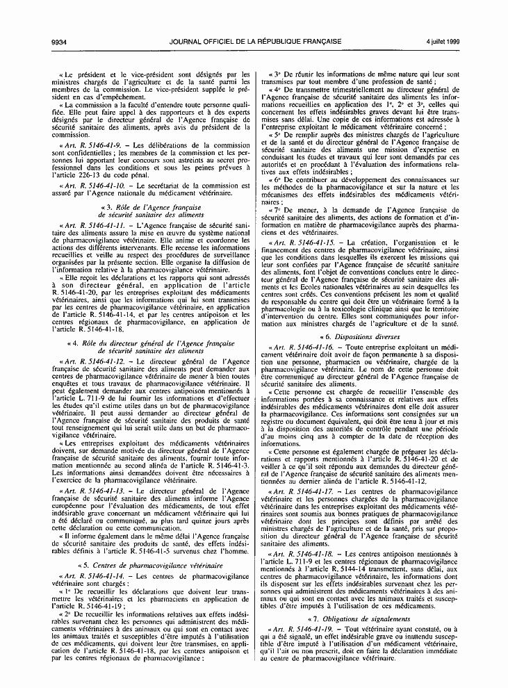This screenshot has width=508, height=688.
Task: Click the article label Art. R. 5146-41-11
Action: pyautogui.click(x=98, y=227)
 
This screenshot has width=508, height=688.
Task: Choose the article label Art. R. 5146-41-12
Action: pyautogui.click(x=98, y=362)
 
